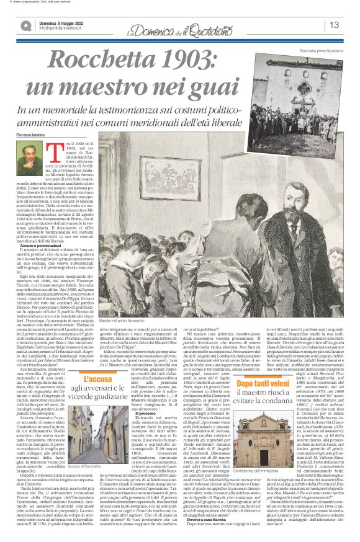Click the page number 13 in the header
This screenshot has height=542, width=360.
pyautogui.click(x=333, y=25)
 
